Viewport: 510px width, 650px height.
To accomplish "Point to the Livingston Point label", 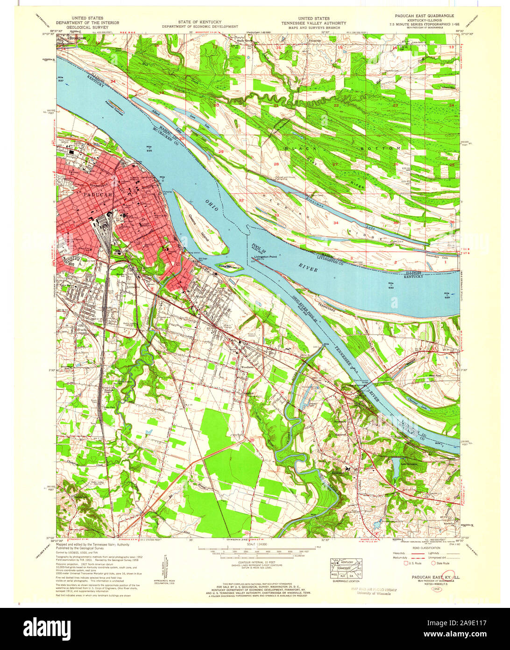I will pyautogui.click(x=266, y=257).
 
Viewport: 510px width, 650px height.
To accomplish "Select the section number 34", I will pyautogui.click(x=335, y=223).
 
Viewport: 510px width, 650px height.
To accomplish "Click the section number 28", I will pyautogui.click(x=276, y=164).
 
